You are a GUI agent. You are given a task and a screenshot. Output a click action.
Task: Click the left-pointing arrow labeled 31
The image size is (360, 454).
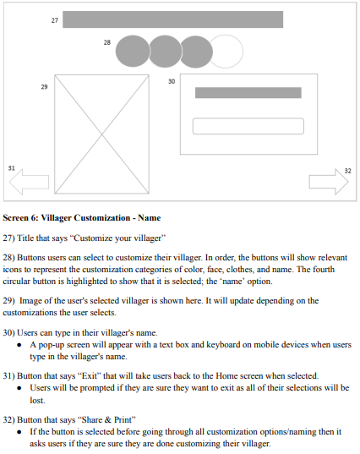(29, 182)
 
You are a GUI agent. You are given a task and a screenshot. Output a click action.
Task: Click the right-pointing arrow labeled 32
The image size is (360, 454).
(329, 182)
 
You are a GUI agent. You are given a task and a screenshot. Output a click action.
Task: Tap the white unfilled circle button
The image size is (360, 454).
(226, 52)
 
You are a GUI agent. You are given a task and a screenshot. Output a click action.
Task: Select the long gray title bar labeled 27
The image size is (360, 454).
(172, 19)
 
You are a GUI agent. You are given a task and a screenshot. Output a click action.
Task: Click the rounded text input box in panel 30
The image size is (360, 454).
(248, 126)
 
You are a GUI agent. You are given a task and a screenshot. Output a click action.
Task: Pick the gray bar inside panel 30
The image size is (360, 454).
(248, 93)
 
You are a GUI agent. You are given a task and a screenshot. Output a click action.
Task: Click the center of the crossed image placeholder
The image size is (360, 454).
(102, 134)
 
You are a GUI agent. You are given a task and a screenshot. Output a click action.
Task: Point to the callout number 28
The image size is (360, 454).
(107, 42)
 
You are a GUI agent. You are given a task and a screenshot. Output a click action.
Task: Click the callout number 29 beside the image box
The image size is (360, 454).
(44, 86)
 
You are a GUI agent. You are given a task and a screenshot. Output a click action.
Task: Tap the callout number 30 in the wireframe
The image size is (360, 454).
(172, 81)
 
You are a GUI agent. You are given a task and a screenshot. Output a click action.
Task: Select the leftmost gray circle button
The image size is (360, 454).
(133, 52)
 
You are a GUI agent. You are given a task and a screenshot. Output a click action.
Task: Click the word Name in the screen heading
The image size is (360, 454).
(149, 218)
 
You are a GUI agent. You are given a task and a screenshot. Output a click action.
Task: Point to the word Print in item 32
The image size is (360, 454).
(123, 419)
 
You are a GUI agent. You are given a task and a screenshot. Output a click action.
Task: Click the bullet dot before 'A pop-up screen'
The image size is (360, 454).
(19, 345)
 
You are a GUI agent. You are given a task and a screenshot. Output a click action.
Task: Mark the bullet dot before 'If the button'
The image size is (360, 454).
(19, 432)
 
